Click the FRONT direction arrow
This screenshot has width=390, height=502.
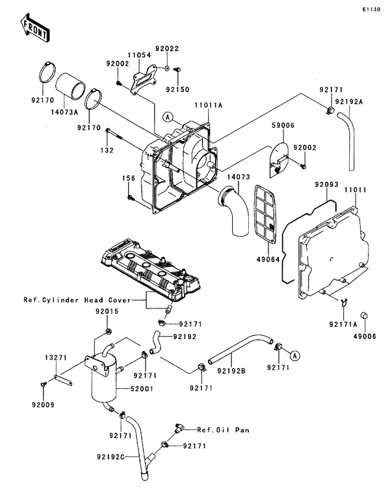(x=34, y=27)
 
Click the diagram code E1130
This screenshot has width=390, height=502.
(x=371, y=10)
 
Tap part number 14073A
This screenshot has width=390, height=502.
(x=65, y=112)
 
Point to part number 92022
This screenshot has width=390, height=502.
(x=167, y=49)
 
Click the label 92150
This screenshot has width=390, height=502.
(x=177, y=90)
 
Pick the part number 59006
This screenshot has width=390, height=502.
(x=283, y=125)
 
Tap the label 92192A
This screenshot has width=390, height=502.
(x=349, y=101)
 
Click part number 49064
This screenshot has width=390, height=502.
(x=268, y=259)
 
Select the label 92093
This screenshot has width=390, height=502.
(x=326, y=184)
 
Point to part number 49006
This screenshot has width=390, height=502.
(x=365, y=336)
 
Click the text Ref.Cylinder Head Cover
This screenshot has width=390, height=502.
(x=77, y=300)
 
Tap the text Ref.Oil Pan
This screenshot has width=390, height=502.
(x=223, y=430)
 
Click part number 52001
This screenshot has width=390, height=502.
(x=142, y=389)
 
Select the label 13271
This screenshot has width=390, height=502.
(x=55, y=358)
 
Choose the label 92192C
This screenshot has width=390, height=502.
(x=110, y=457)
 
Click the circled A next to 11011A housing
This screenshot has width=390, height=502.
(x=167, y=118)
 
